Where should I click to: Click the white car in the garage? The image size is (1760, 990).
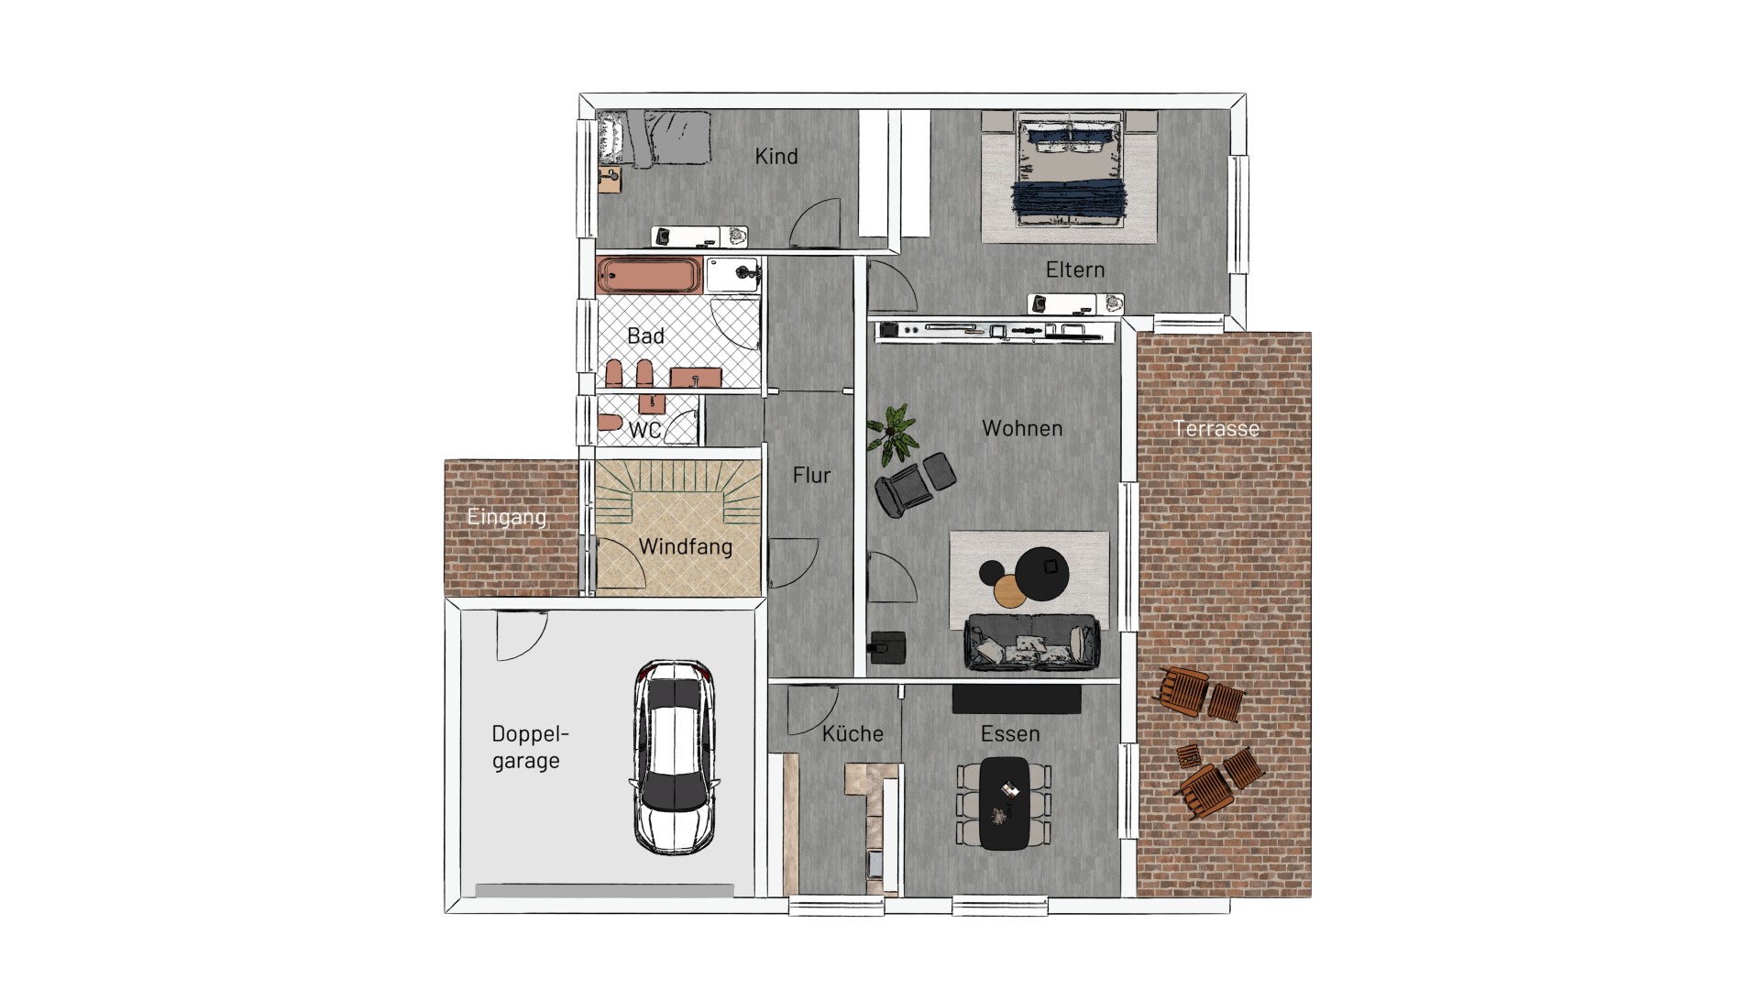click(676, 758)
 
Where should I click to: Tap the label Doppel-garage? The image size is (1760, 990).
click(530, 747)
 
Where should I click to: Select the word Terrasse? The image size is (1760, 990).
click(1216, 428)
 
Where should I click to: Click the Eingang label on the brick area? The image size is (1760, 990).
click(506, 517)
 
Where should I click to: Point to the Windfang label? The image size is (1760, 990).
click(685, 547)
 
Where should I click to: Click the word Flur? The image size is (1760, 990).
click(811, 475)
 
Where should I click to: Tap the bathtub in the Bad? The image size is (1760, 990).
click(651, 275)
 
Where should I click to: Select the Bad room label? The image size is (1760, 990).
click(645, 336)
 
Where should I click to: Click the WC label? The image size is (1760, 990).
click(644, 430)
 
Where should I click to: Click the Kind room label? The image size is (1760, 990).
click(776, 157)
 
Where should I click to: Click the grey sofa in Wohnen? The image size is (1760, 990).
click(1031, 642)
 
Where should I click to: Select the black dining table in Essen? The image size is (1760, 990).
click(1006, 804)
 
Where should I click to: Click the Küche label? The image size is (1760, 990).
click(852, 734)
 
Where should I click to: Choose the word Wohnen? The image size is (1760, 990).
click(1022, 428)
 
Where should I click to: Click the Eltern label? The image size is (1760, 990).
click(1075, 269)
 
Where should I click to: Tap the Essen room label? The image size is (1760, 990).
click(1010, 734)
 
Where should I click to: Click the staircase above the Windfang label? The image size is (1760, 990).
click(678, 490)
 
